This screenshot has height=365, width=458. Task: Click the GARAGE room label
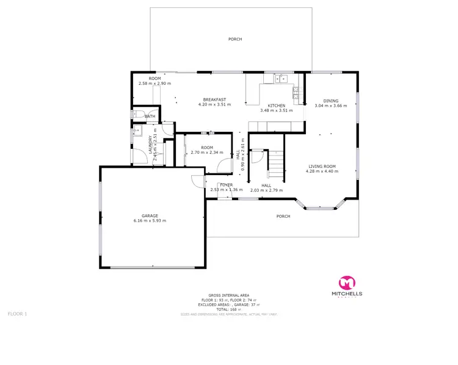150,215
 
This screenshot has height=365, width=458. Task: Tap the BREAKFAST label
215,99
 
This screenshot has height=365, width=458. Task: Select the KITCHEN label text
277,106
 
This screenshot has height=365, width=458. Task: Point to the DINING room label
330,101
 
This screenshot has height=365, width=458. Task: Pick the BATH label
150,116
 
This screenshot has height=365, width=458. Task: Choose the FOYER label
227,184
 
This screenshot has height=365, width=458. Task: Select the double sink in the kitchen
282,78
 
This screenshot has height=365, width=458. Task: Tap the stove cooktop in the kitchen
296,93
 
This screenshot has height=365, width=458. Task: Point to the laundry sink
136,130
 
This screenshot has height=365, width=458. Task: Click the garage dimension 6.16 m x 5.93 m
150,220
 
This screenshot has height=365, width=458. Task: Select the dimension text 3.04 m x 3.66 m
330,106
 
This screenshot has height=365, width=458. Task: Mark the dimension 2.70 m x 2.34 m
206,152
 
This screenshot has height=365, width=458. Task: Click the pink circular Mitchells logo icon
347,283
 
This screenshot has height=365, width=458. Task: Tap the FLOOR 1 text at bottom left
17,314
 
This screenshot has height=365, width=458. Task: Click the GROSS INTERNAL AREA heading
228,295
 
